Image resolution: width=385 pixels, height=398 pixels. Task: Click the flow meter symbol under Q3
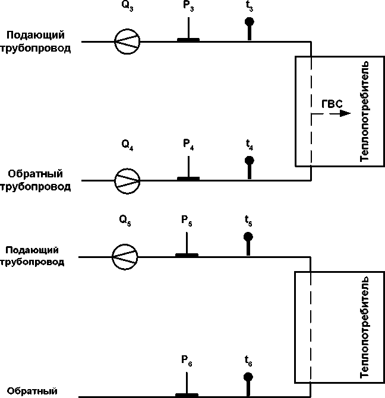click(x=127, y=42)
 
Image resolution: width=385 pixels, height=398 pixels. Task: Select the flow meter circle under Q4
click(x=127, y=180)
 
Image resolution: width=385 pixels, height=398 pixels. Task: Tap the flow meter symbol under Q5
click(x=125, y=257)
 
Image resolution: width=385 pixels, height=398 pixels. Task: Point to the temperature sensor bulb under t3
click(x=250, y=23)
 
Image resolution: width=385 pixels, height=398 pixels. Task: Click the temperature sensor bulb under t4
click(x=250, y=160)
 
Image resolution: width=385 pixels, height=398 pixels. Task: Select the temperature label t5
click(x=248, y=222)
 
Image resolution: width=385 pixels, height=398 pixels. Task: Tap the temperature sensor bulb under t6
click(x=248, y=377)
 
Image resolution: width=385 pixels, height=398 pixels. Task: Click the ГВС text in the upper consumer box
click(x=332, y=104)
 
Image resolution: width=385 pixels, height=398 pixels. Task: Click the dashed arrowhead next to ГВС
click(x=345, y=113)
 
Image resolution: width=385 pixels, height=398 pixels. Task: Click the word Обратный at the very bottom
click(x=33, y=391)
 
